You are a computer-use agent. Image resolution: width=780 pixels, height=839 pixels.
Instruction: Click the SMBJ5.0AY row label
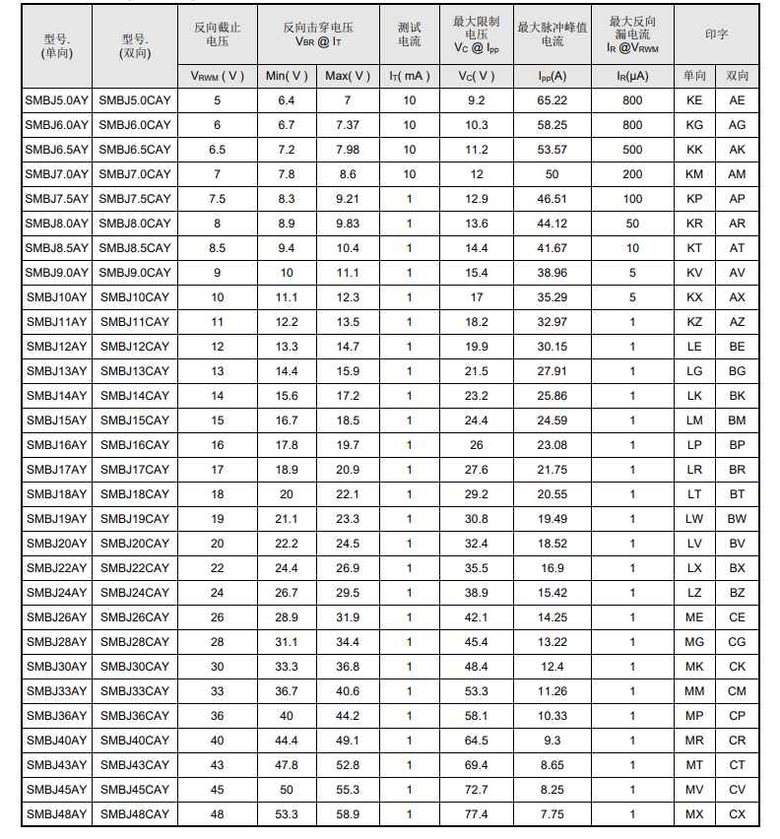56,100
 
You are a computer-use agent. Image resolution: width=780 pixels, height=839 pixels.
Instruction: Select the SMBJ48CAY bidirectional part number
135,814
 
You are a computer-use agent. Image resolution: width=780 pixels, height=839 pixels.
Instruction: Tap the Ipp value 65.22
552,100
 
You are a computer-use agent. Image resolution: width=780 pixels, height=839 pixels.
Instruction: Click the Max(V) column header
348,76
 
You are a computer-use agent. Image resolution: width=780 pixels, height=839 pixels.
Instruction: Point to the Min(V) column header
287,76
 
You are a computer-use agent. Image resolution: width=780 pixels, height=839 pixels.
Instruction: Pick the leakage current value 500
632,150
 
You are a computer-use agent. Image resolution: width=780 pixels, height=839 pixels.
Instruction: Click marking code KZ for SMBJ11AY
694,322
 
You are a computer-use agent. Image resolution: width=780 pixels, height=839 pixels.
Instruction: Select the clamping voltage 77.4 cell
477,814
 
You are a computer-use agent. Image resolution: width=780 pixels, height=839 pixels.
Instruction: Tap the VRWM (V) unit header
217,76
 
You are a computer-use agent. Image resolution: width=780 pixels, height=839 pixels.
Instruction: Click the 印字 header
716,34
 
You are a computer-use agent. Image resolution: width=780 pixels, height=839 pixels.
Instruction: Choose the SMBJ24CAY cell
135,593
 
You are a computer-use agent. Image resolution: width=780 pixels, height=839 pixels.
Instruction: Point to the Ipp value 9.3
552,741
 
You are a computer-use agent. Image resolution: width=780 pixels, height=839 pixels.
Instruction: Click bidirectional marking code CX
737,814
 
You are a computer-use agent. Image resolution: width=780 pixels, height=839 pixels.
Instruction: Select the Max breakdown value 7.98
348,150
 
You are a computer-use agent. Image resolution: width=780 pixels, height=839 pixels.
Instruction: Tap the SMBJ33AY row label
56,691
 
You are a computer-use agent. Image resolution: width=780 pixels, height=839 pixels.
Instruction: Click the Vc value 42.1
477,617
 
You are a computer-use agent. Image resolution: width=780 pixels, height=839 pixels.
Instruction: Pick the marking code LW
694,519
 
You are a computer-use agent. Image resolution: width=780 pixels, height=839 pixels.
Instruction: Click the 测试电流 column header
409,34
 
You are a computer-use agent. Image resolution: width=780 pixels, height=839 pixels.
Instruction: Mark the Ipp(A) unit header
552,76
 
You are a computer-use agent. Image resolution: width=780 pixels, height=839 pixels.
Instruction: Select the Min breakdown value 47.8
287,765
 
